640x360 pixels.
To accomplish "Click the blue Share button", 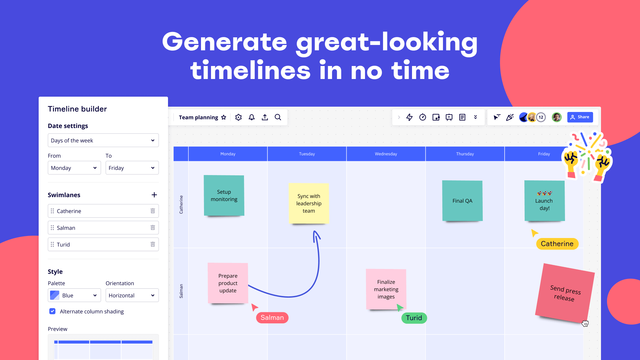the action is [580, 117].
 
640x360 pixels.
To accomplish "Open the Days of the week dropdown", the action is [103, 140].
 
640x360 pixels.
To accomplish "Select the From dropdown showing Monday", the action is [74, 168].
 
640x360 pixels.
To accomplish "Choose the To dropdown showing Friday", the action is [132, 168].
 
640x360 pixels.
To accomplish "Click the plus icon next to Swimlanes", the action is [154, 195].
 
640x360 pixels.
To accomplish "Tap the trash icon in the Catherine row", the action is [153, 211].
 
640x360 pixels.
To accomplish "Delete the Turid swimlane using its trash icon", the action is [153, 244].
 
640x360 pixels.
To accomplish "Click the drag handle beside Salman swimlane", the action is [52, 228].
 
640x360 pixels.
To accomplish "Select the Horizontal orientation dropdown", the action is [132, 295].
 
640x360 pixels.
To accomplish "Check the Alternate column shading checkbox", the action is [52, 311].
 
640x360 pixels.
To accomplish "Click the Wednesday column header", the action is [386, 154].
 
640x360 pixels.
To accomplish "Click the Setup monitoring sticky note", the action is [224, 196].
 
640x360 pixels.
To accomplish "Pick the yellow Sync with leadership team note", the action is [309, 203].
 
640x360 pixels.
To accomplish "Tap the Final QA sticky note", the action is [462, 201].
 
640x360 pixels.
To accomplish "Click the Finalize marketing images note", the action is [386, 289].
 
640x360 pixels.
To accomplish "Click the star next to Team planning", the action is [224, 117].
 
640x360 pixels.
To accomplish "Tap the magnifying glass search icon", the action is [278, 117].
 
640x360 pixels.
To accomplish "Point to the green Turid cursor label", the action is [414, 318].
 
